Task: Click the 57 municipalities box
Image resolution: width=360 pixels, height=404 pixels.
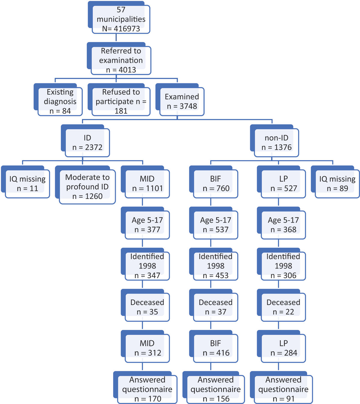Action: [x=119, y=17]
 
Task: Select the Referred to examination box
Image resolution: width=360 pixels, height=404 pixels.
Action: [x=119, y=58]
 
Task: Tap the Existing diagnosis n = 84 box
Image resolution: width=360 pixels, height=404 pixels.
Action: [x=58, y=100]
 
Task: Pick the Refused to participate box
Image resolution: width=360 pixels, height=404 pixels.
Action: [x=119, y=100]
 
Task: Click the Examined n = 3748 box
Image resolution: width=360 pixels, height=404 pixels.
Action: [x=180, y=100]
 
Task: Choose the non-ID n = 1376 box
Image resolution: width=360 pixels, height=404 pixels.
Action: [x=274, y=141]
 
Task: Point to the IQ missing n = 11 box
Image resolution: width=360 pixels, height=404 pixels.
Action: [x=25, y=182]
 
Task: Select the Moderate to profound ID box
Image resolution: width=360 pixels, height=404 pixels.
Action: [x=85, y=185]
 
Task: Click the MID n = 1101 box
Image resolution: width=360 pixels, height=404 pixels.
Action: [x=145, y=182]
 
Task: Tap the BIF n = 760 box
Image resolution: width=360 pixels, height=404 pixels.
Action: [x=214, y=182]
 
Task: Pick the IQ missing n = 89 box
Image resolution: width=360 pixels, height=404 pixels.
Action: [x=335, y=182]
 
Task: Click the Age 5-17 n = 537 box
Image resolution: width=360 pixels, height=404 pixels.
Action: [x=214, y=223]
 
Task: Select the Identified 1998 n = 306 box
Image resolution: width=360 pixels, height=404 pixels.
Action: [x=281, y=264]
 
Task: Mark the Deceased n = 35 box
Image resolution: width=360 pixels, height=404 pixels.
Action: [x=145, y=305]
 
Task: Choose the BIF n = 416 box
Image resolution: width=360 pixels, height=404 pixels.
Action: [x=214, y=346]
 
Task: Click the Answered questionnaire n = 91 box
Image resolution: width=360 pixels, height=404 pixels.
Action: [x=281, y=388]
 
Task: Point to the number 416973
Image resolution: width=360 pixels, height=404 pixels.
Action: [x=127, y=29]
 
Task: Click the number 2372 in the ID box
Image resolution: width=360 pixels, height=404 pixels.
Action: [x=94, y=147]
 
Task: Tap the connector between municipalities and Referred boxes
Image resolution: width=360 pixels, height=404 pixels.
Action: [x=116, y=38]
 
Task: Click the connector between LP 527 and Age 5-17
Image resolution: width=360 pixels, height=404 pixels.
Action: [x=278, y=202]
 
